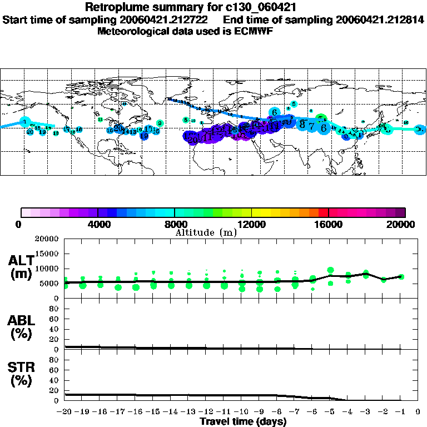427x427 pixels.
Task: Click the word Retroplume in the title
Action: [114, 7]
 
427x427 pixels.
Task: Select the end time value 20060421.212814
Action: [380, 19]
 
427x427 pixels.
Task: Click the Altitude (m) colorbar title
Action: [206, 232]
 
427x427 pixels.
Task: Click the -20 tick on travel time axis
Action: [65, 413]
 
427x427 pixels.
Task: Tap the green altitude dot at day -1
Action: [401, 276]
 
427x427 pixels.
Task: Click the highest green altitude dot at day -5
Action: [330, 270]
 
